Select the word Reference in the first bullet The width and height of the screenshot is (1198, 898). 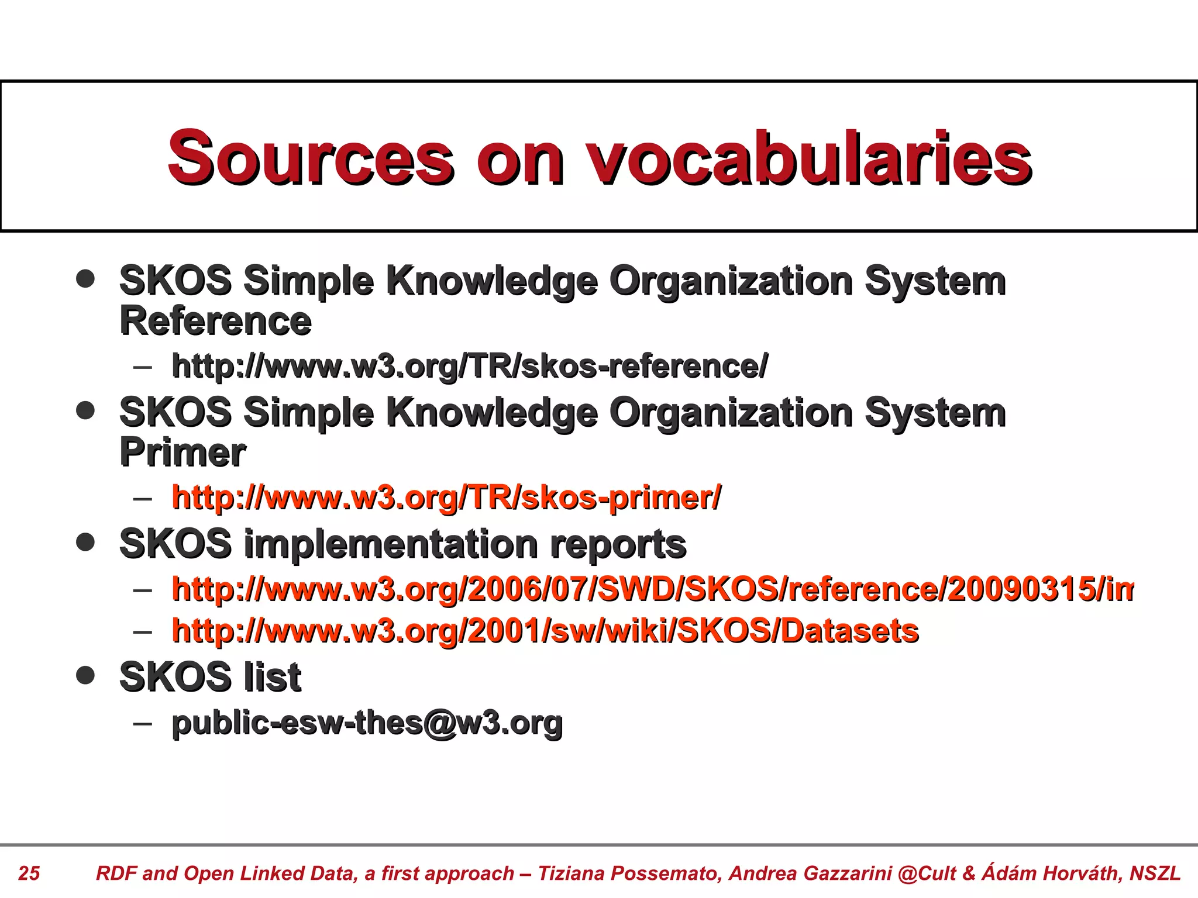(x=215, y=321)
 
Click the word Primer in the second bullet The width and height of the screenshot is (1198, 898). (x=183, y=453)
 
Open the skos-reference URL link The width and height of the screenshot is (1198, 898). (x=469, y=367)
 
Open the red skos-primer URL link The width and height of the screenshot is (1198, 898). (x=446, y=498)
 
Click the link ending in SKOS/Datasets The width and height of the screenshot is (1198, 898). (x=545, y=631)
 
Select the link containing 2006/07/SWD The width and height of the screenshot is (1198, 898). (x=652, y=589)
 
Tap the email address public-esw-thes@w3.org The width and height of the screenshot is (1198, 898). (x=367, y=723)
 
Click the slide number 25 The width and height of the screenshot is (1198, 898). (x=29, y=873)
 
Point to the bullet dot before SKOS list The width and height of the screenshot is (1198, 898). (x=85, y=675)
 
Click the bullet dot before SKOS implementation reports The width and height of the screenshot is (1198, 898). (x=85, y=542)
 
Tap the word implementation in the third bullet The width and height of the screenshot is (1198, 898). (x=390, y=544)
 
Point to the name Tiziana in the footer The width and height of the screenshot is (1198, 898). (x=571, y=873)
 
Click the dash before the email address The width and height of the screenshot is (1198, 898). (x=142, y=724)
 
